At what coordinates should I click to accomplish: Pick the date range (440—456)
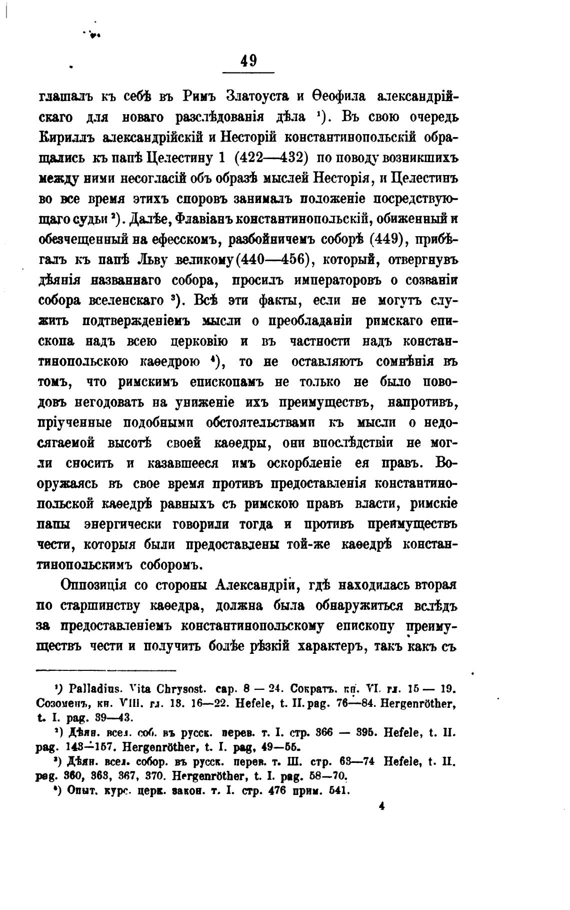click(x=270, y=260)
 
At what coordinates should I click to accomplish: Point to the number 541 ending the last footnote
click(x=335, y=791)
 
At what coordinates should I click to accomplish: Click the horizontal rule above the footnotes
click(x=106, y=670)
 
